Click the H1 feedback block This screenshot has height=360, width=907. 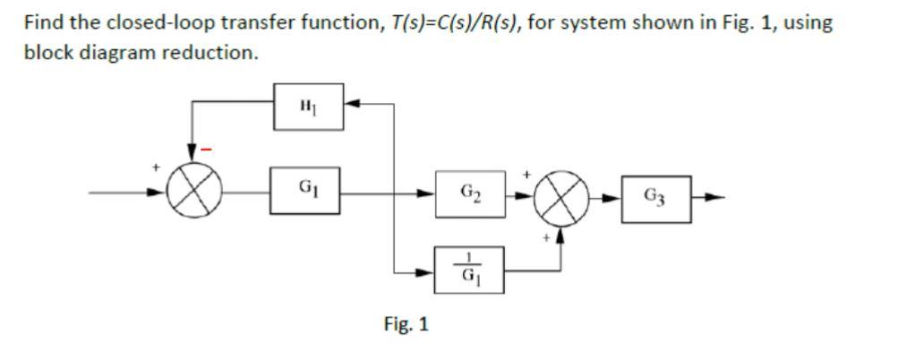306,107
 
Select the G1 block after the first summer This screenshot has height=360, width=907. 306,192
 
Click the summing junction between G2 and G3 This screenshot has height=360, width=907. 562,197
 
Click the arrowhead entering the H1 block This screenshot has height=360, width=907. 351,106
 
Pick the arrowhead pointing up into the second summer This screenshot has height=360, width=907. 561,236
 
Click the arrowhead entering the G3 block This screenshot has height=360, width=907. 618,197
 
